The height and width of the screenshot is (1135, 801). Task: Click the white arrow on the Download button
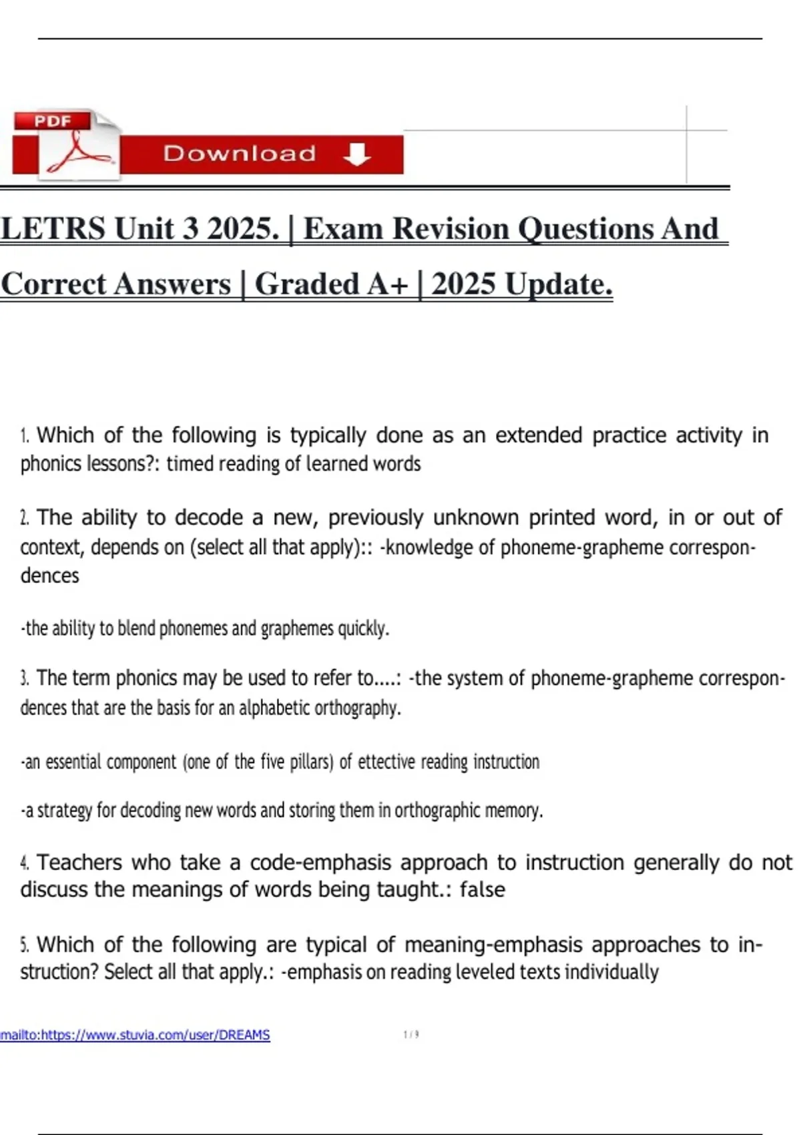356,154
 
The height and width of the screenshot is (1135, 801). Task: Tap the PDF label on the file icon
53,122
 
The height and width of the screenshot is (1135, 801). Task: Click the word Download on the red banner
240,154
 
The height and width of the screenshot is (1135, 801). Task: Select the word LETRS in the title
53,229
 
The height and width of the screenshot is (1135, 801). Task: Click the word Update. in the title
558,284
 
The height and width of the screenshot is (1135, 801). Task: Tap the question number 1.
25,437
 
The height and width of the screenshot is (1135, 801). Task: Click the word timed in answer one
190,463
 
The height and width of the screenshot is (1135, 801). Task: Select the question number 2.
25,518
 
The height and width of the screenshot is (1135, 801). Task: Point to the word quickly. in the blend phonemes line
363,629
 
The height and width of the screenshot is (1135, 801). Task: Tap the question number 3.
25,679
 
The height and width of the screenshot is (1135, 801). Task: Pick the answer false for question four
482,890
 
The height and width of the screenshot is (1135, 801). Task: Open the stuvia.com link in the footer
136,1035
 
